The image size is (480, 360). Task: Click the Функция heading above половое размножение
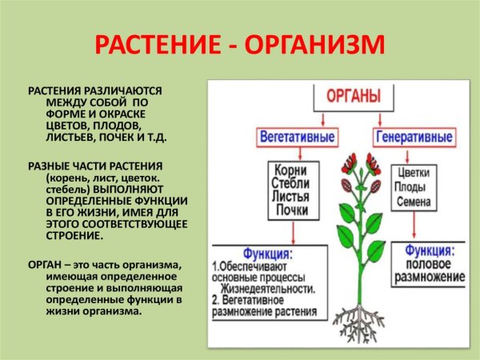point(431,249)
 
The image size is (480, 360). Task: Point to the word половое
point(431,264)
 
